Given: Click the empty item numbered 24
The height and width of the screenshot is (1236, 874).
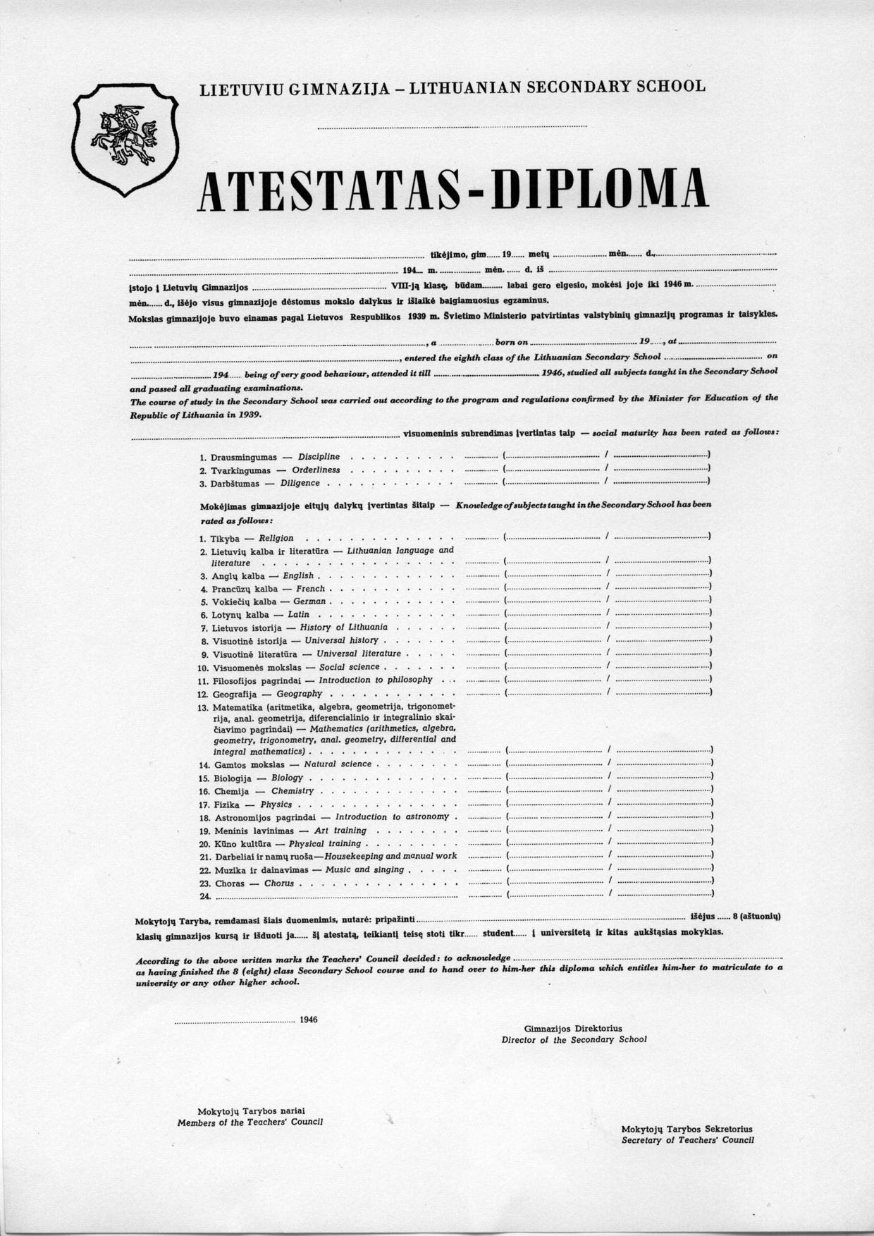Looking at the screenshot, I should click(x=206, y=896).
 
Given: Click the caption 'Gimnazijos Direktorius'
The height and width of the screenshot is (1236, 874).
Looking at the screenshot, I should click(x=573, y=1029).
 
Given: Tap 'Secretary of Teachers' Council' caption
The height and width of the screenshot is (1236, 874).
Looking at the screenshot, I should click(x=687, y=1139).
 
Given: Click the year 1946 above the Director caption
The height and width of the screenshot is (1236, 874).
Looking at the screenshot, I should click(x=309, y=1019).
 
